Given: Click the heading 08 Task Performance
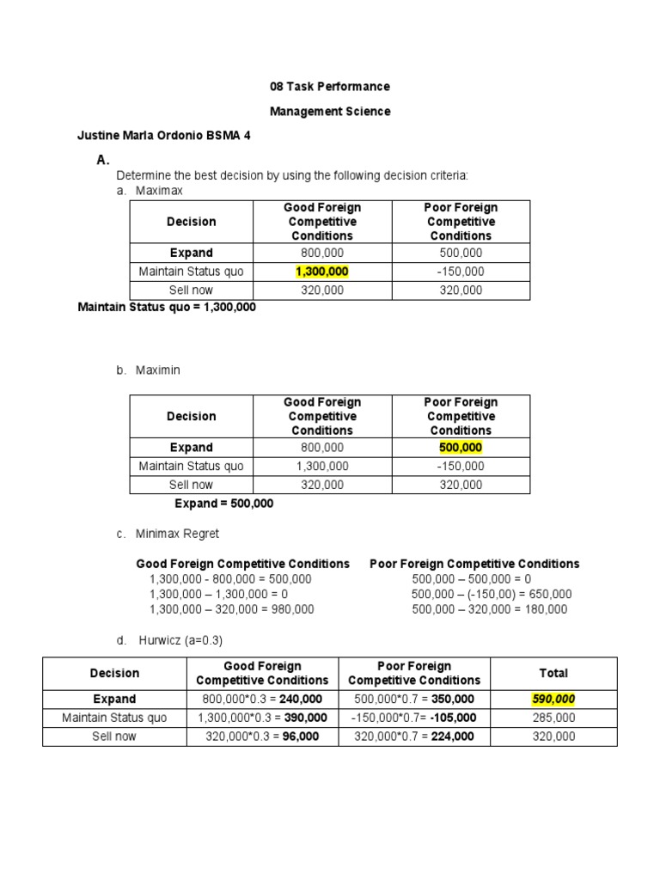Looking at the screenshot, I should (x=329, y=87).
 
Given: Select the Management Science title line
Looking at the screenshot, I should (x=329, y=112).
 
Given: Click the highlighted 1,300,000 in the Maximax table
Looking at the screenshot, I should (x=322, y=272).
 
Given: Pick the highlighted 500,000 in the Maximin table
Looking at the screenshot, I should (x=461, y=448).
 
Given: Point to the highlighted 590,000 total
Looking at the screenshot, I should (x=553, y=700).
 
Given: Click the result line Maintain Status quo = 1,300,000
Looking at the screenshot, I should (x=167, y=307).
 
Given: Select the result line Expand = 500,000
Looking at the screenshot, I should (x=223, y=504).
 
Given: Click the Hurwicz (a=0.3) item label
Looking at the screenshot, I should (x=180, y=641).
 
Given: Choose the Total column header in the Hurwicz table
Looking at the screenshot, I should (x=553, y=674).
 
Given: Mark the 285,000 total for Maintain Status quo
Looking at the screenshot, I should (x=553, y=718).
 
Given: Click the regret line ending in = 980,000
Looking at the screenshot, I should (x=232, y=609).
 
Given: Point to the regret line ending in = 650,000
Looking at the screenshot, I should (x=492, y=594).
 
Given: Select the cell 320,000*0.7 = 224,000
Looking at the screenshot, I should (x=414, y=736).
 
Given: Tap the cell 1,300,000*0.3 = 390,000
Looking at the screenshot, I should (x=262, y=718).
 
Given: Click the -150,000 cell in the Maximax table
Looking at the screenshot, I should (x=461, y=272).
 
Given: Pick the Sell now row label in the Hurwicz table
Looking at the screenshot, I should (x=114, y=736).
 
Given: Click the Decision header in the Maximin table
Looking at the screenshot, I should (x=191, y=417).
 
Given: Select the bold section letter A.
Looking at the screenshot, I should (x=103, y=160).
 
